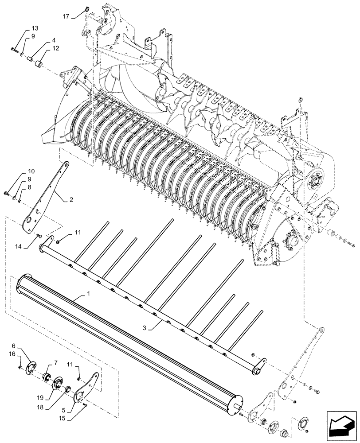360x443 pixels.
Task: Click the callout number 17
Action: pyautogui.click(x=66, y=17)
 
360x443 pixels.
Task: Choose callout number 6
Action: pyautogui.click(x=14, y=346)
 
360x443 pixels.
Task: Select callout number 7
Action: pyautogui.click(x=56, y=363)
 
